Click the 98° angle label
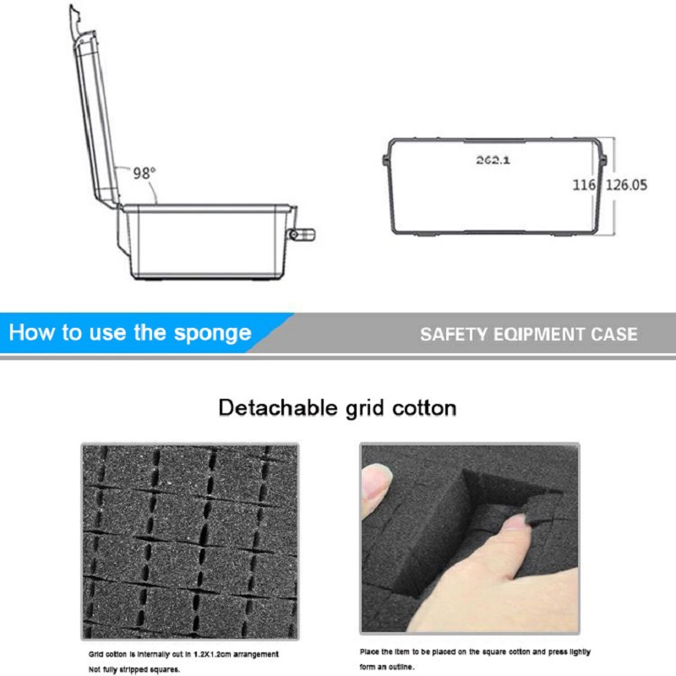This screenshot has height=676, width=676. [144, 172]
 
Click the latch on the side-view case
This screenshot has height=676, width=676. [301, 235]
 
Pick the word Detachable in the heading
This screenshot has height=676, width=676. [270, 408]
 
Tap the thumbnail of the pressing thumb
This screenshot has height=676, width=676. [470, 539]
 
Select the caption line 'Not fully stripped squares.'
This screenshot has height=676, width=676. [134, 669]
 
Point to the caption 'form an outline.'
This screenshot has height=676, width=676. [387, 668]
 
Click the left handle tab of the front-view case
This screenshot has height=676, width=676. [386, 159]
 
